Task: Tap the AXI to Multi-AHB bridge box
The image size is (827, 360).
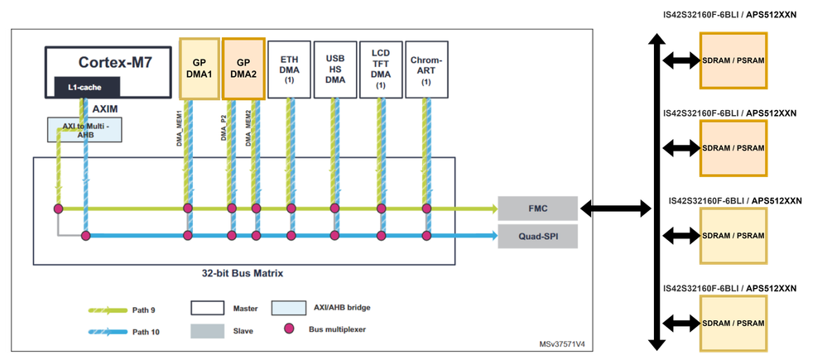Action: click(84, 129)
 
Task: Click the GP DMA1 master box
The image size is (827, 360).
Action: click(200, 69)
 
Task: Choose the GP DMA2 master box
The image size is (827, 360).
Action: click(243, 69)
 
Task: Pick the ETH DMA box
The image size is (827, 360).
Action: click(289, 70)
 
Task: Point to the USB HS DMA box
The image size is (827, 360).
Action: click(335, 70)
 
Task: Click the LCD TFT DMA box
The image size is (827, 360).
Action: click(381, 70)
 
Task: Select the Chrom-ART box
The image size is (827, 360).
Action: click(426, 70)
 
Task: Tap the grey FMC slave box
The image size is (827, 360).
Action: click(538, 209)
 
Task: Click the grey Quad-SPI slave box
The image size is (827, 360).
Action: click(538, 236)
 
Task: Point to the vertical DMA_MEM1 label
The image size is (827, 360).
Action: click(180, 128)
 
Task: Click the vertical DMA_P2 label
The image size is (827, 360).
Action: click(224, 127)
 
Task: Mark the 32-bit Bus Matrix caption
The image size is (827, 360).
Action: click(242, 274)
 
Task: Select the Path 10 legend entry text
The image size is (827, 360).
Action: click(146, 332)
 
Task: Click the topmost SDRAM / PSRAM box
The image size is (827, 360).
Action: click(733, 60)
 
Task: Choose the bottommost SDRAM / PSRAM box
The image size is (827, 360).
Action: click(733, 323)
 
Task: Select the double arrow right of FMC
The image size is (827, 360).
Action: click(616, 209)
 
